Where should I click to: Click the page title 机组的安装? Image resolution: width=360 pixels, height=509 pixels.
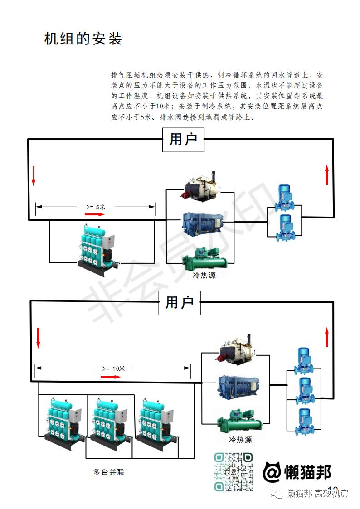point(83,39)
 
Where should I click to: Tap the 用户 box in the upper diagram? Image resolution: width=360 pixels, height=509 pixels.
point(183,139)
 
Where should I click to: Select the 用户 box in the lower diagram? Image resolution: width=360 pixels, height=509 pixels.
point(180,302)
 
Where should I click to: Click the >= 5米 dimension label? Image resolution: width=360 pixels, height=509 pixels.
point(96,207)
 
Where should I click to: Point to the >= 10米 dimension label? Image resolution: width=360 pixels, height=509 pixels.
point(113,368)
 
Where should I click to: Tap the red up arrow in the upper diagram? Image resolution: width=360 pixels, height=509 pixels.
point(327,175)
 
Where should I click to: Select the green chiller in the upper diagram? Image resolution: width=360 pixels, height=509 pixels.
point(204,260)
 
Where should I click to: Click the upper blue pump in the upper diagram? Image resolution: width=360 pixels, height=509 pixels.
point(284,198)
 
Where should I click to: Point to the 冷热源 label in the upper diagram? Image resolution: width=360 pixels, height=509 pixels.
point(204,275)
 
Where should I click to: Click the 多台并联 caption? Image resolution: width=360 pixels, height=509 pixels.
point(108,472)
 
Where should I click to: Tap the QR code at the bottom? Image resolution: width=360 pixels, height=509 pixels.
point(234,472)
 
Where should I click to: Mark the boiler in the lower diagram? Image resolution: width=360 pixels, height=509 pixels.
point(237,350)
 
